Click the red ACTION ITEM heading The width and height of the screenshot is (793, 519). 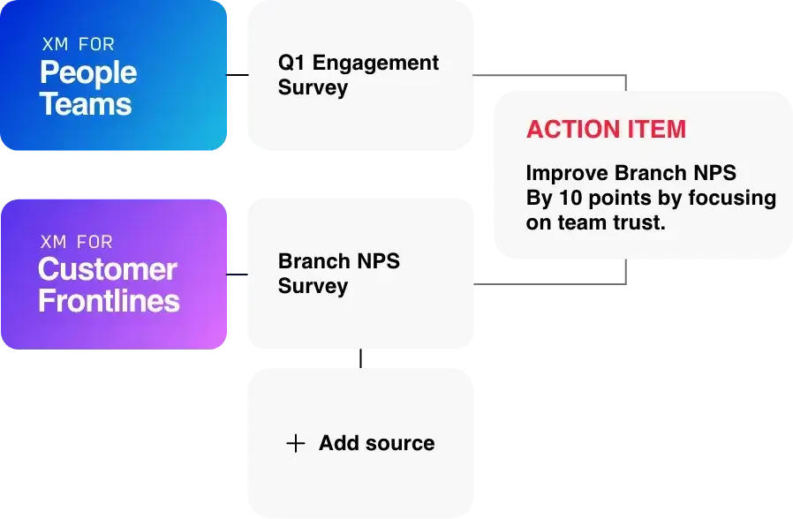tap(606, 129)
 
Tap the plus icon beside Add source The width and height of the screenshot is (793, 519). tap(296, 443)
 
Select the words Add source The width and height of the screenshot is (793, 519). tap(376, 443)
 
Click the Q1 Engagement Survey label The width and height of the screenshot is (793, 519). tap(358, 75)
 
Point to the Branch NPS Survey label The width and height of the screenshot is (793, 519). tap(338, 274)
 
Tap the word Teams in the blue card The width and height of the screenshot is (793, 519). tap(85, 104)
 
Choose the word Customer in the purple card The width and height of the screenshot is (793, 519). tap(107, 269)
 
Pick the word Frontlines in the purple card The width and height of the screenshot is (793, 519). tap(109, 301)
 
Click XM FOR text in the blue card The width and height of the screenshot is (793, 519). tap(78, 44)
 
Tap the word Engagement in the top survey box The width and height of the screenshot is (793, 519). tap(375, 63)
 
